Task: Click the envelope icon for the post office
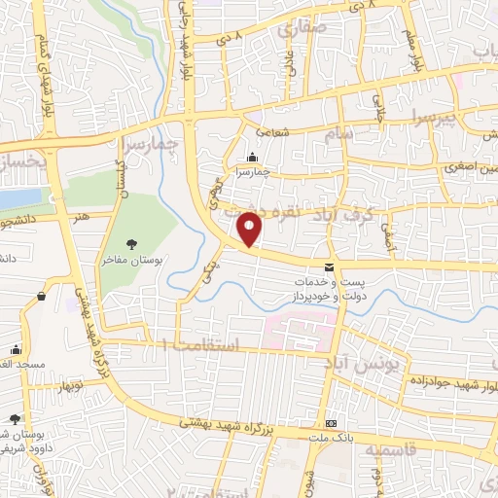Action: coord(329,267)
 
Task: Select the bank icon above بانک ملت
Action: coord(333,423)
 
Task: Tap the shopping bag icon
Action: coord(42,296)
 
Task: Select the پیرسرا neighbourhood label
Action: coord(429,121)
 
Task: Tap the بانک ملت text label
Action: coord(333,440)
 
